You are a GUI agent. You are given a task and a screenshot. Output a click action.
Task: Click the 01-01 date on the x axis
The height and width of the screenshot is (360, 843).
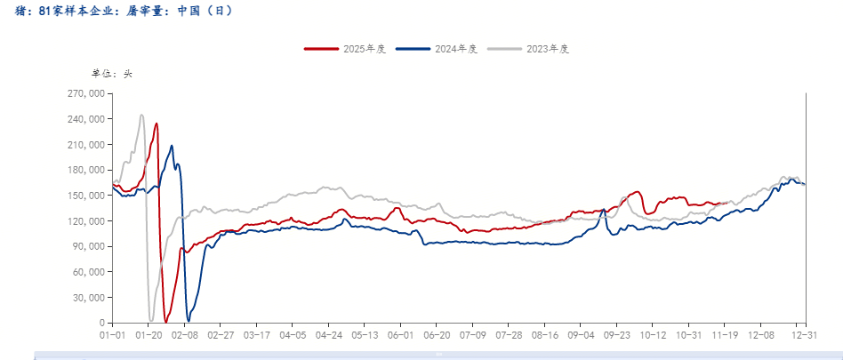point(112,335)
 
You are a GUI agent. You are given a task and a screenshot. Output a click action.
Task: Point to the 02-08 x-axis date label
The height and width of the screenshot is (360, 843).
point(184,335)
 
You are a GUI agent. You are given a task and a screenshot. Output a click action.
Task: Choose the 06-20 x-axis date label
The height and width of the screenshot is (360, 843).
point(438,335)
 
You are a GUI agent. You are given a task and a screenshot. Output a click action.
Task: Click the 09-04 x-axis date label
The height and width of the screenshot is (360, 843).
point(582,335)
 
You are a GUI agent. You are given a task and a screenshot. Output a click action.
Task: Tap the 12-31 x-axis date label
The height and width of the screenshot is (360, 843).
point(804,335)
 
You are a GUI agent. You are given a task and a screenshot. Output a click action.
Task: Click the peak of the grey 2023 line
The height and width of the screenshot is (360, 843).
point(141,115)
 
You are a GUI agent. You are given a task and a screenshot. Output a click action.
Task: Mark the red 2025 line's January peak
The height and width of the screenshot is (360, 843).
point(157,124)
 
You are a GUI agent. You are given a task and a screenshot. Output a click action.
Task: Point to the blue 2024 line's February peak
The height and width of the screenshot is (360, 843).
point(172,146)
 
